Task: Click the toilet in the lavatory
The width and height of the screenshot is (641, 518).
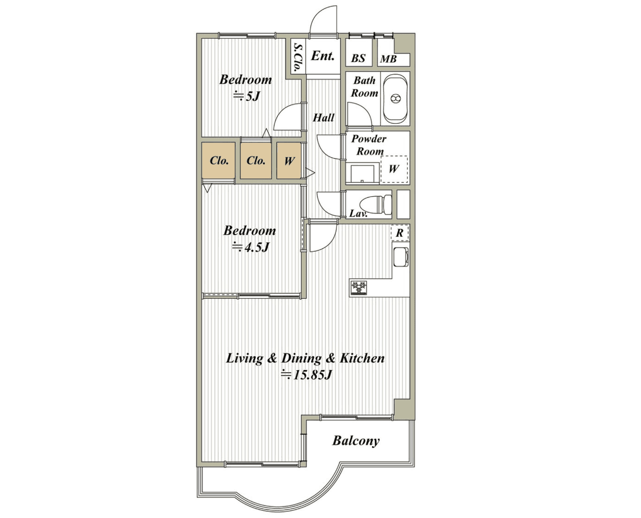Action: [x=375, y=204]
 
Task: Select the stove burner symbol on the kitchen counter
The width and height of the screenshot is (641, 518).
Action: [x=359, y=288]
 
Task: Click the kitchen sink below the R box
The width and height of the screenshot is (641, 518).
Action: [x=401, y=257]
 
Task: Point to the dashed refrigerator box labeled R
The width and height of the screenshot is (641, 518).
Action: [x=400, y=233]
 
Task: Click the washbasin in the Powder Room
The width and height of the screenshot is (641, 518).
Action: [x=362, y=173]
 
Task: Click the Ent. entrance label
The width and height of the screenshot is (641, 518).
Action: [x=322, y=56]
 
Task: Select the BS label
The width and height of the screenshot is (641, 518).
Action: [x=358, y=58]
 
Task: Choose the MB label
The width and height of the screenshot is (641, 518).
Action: [x=388, y=59]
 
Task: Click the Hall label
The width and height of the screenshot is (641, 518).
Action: [x=323, y=118]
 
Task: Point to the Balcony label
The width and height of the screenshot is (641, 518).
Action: [x=356, y=441]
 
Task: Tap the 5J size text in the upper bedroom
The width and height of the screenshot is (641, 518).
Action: [x=247, y=96]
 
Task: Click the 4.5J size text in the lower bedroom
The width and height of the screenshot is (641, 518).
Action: [x=250, y=247]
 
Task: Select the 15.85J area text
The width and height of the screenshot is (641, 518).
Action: [x=306, y=375]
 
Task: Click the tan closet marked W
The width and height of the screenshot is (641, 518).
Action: [x=289, y=160]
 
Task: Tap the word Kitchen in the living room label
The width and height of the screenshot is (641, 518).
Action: [x=362, y=358]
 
